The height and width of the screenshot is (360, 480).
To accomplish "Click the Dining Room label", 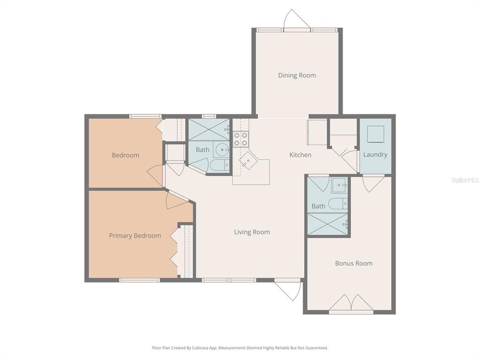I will point(297,75).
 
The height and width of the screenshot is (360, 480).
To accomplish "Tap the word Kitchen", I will point(300,155).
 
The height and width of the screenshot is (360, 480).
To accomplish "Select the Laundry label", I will point(375,155).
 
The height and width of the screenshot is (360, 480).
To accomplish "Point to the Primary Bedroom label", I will point(135,236).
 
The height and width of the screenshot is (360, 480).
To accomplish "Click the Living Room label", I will point(252,232).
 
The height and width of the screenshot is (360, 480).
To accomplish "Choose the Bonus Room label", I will point(353,263).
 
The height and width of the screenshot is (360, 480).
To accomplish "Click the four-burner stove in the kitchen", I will point(241,139).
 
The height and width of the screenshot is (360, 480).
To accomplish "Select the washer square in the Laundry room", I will point(375,134).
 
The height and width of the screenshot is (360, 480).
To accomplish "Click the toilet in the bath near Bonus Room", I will point(337,203).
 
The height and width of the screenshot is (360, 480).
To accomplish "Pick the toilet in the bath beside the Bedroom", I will point(219,165).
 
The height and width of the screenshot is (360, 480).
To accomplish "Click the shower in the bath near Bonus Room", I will point(328,224).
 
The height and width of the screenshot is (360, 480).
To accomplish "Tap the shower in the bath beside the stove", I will point(209,129).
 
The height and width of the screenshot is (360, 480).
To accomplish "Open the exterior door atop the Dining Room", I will point(297,20).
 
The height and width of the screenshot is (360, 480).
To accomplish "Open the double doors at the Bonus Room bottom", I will point(351,303).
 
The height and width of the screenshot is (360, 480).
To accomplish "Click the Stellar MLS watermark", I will point(465,180).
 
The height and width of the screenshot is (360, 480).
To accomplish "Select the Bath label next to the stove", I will point(202,150).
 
